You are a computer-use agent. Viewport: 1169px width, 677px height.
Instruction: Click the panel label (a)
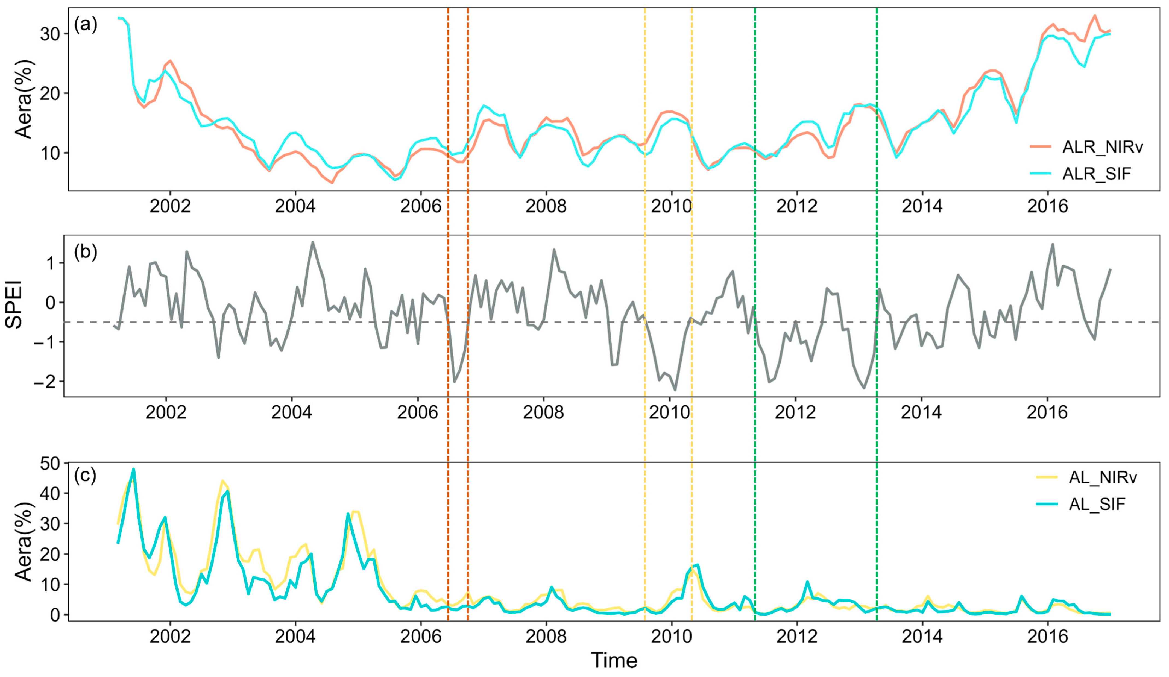pos(86,24)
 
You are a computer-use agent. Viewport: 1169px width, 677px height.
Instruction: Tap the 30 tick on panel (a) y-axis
pos(50,34)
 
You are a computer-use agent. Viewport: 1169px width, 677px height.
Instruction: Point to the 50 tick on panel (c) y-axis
pos(50,464)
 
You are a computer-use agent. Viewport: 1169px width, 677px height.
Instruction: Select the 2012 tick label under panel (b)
pos(795,412)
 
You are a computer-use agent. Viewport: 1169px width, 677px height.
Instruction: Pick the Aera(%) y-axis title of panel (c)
pos(24,541)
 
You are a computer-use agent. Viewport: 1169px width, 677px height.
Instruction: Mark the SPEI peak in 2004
pos(313,242)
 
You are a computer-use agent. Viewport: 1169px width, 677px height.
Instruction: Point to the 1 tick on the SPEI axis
pos(50,263)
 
